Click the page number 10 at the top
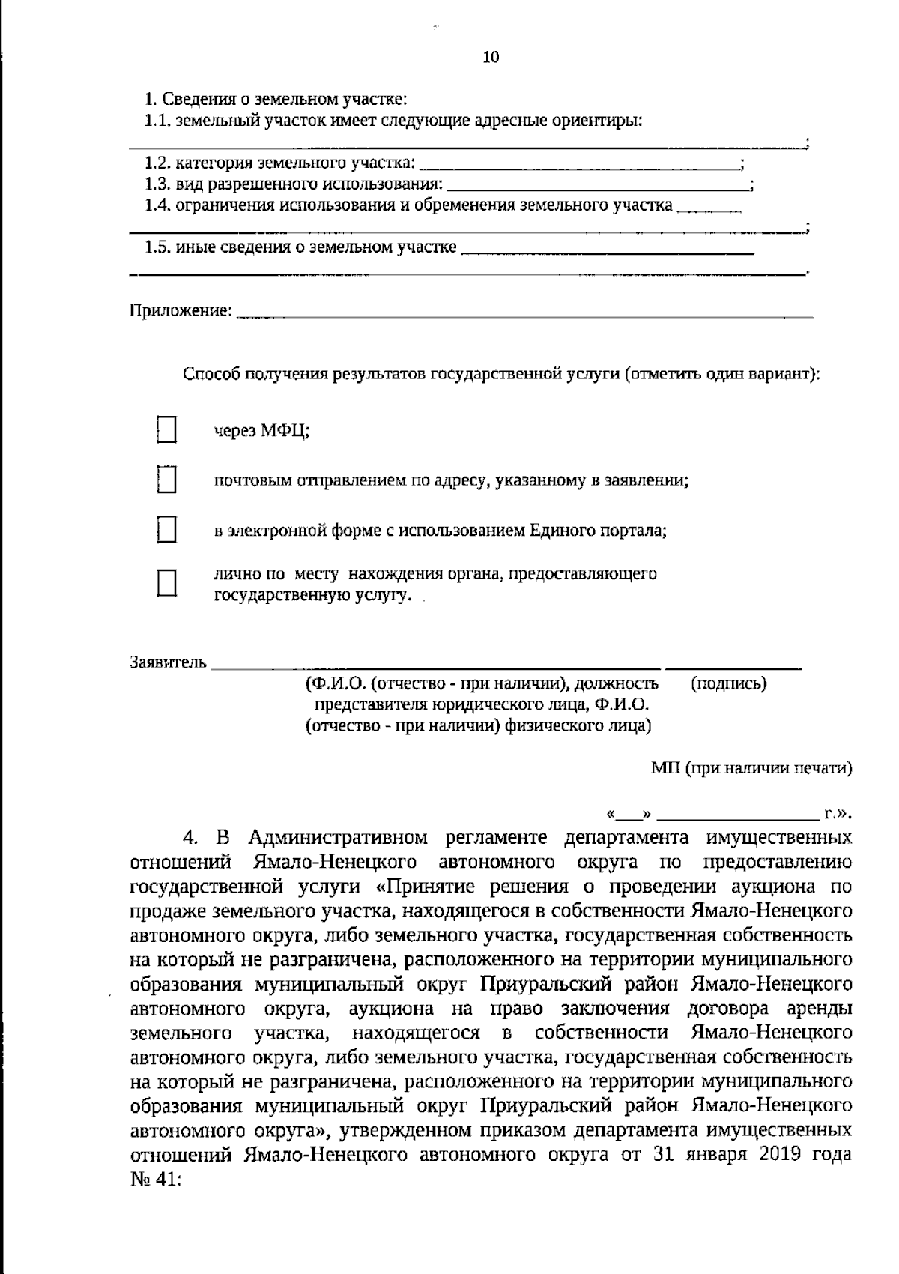491,57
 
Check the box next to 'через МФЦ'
166,430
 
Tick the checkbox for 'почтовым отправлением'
166,480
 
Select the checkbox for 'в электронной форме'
166,530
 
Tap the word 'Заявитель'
168,662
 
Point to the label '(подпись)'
727,683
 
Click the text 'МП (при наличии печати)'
751,767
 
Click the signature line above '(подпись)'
733,665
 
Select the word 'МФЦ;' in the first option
285,431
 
